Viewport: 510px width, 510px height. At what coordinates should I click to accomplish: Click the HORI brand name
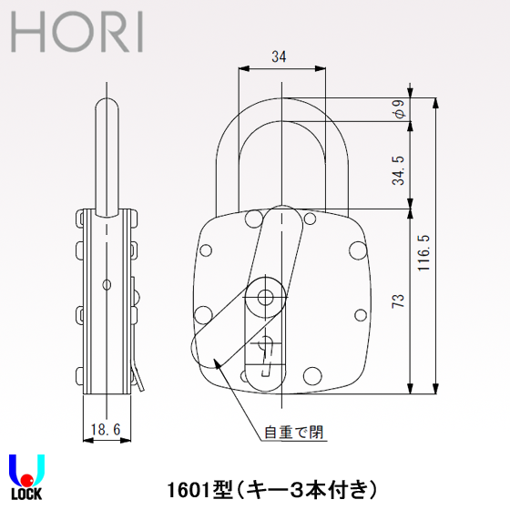click(x=77, y=34)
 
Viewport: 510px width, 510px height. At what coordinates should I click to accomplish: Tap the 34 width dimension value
click(x=280, y=57)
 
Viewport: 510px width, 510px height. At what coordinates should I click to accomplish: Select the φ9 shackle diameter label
click(x=398, y=109)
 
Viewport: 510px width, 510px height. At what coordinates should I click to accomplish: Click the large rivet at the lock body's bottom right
click(x=312, y=374)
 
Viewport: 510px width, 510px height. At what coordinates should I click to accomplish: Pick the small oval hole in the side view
click(x=107, y=285)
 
